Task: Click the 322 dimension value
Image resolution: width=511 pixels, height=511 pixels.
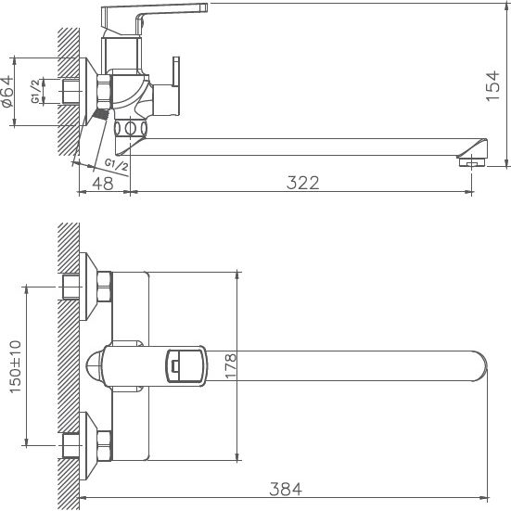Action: click(303, 183)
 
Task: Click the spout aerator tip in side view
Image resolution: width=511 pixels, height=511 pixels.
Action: click(473, 162)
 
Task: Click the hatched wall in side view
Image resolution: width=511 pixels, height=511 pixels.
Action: click(67, 93)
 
